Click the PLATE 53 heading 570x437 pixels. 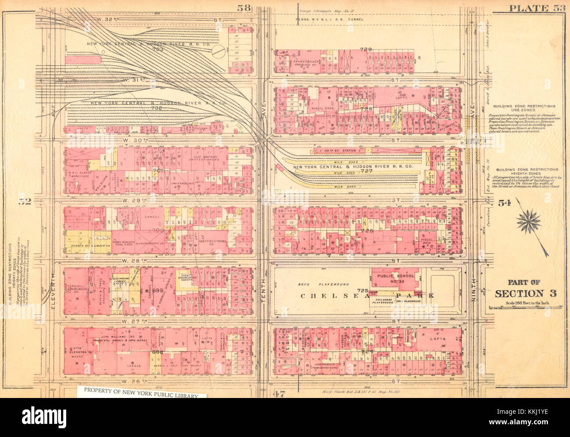tap(535, 7)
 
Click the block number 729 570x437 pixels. tap(366, 50)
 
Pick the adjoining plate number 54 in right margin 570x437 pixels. tap(504, 203)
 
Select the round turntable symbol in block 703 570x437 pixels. tap(218, 53)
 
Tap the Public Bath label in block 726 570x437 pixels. tap(424, 241)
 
